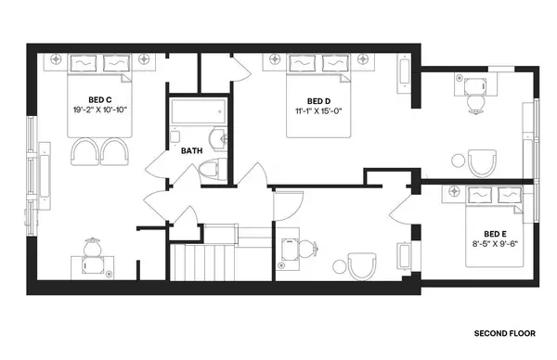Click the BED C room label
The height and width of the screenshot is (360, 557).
pyautogui.click(x=100, y=99)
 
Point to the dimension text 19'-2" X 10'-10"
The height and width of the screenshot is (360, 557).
pyautogui.click(x=100, y=110)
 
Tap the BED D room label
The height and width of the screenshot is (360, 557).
pyautogui.click(x=318, y=100)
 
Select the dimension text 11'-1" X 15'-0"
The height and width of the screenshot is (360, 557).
pyautogui.click(x=318, y=111)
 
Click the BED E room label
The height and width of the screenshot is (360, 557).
pyautogui.click(x=495, y=234)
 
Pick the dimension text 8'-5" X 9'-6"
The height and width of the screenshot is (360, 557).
pyautogui.click(x=495, y=245)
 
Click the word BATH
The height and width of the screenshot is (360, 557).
pyautogui.click(x=191, y=150)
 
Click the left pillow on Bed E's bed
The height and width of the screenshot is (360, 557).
pyautogui.click(x=481, y=194)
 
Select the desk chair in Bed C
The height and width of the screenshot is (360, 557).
pyautogui.click(x=92, y=249)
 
